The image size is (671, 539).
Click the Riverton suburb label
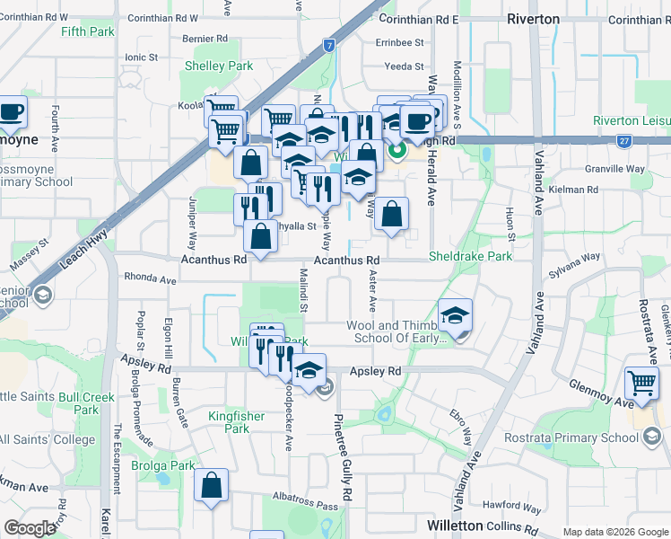click(533, 19)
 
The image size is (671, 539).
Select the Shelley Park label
click(219, 66)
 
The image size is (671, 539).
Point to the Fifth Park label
click(88, 31)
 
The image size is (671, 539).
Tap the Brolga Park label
click(164, 466)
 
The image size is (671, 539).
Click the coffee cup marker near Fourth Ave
click(11, 112)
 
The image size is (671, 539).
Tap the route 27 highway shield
click(623, 141)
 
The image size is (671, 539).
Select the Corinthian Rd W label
click(162, 18)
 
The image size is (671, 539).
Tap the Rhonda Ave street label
click(150, 278)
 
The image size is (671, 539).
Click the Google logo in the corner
click(30, 528)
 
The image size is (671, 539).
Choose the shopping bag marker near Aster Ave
click(391, 215)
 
